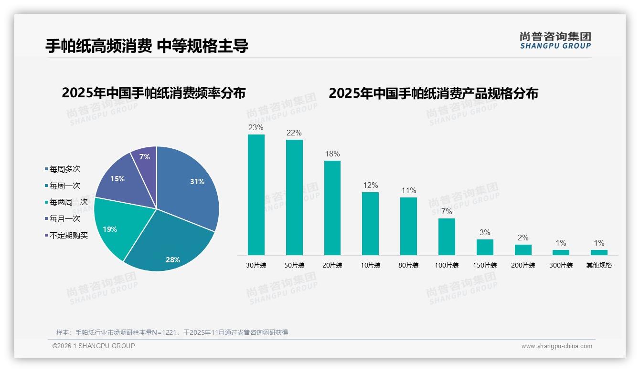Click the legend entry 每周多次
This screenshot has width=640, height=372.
pyautogui.click(x=64, y=169)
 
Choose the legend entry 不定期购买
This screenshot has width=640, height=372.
pyautogui.click(x=68, y=236)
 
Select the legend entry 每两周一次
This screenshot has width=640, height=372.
pyautogui.click(x=68, y=202)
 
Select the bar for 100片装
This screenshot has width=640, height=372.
pyautogui.click(x=447, y=237)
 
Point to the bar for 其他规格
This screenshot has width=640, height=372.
pyautogui.click(x=599, y=252)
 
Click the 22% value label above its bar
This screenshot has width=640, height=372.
pyautogui.click(x=294, y=133)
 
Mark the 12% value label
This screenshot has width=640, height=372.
pyautogui.click(x=370, y=186)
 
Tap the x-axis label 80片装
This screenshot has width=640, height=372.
pyautogui.click(x=408, y=265)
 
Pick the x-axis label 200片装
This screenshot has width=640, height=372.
pyautogui.click(x=523, y=265)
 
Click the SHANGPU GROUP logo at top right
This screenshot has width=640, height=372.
pyautogui.click(x=555, y=41)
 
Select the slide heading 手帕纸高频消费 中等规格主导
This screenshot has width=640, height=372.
pyautogui.click(x=147, y=46)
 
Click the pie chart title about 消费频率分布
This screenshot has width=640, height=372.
pyautogui.click(x=153, y=93)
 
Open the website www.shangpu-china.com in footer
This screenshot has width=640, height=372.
pyautogui.click(x=556, y=346)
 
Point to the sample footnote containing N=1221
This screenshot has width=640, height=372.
pyautogui.click(x=172, y=332)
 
